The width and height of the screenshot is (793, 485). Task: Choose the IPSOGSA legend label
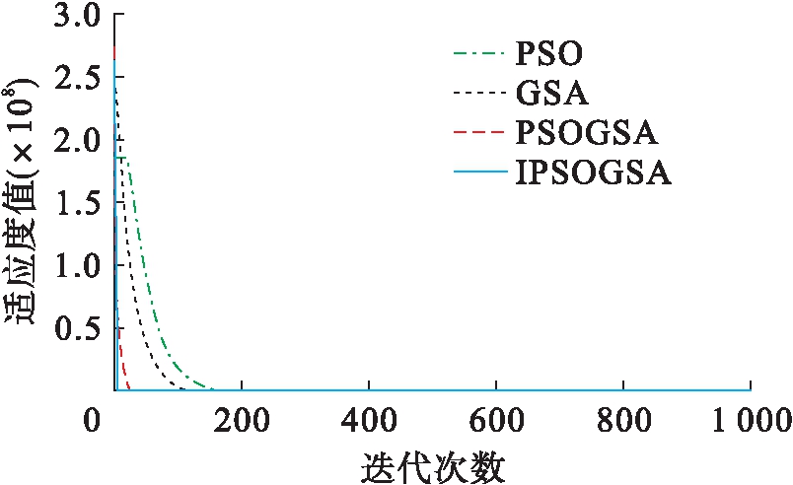(593, 175)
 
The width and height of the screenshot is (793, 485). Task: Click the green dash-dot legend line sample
(477, 51)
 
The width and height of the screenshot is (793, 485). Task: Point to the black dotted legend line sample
(477, 94)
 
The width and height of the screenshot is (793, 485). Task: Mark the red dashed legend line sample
(477, 134)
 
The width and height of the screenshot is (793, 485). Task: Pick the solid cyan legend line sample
(477, 175)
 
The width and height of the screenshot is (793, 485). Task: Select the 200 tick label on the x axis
(242, 418)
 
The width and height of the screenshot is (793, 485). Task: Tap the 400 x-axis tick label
(369, 418)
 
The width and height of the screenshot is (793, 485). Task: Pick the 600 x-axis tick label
(496, 418)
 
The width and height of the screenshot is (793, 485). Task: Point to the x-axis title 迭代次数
(433, 464)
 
